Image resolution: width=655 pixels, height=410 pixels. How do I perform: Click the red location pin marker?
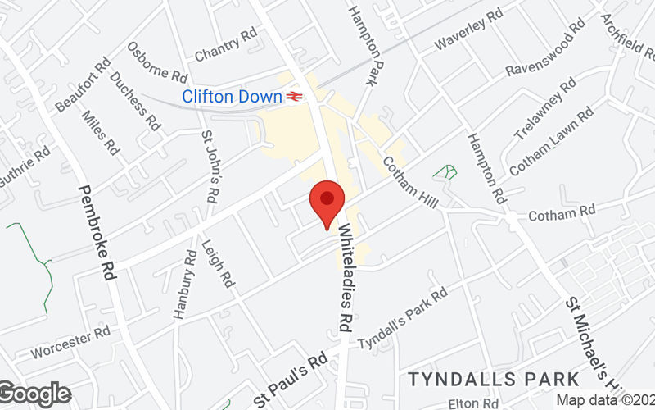[x=327, y=201]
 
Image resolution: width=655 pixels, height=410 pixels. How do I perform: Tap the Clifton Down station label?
[x=232, y=97]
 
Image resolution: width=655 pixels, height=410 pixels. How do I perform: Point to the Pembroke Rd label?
[x=97, y=233]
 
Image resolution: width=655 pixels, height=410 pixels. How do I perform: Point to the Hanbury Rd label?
[x=183, y=283]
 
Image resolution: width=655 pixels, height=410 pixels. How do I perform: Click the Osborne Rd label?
[x=157, y=61]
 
